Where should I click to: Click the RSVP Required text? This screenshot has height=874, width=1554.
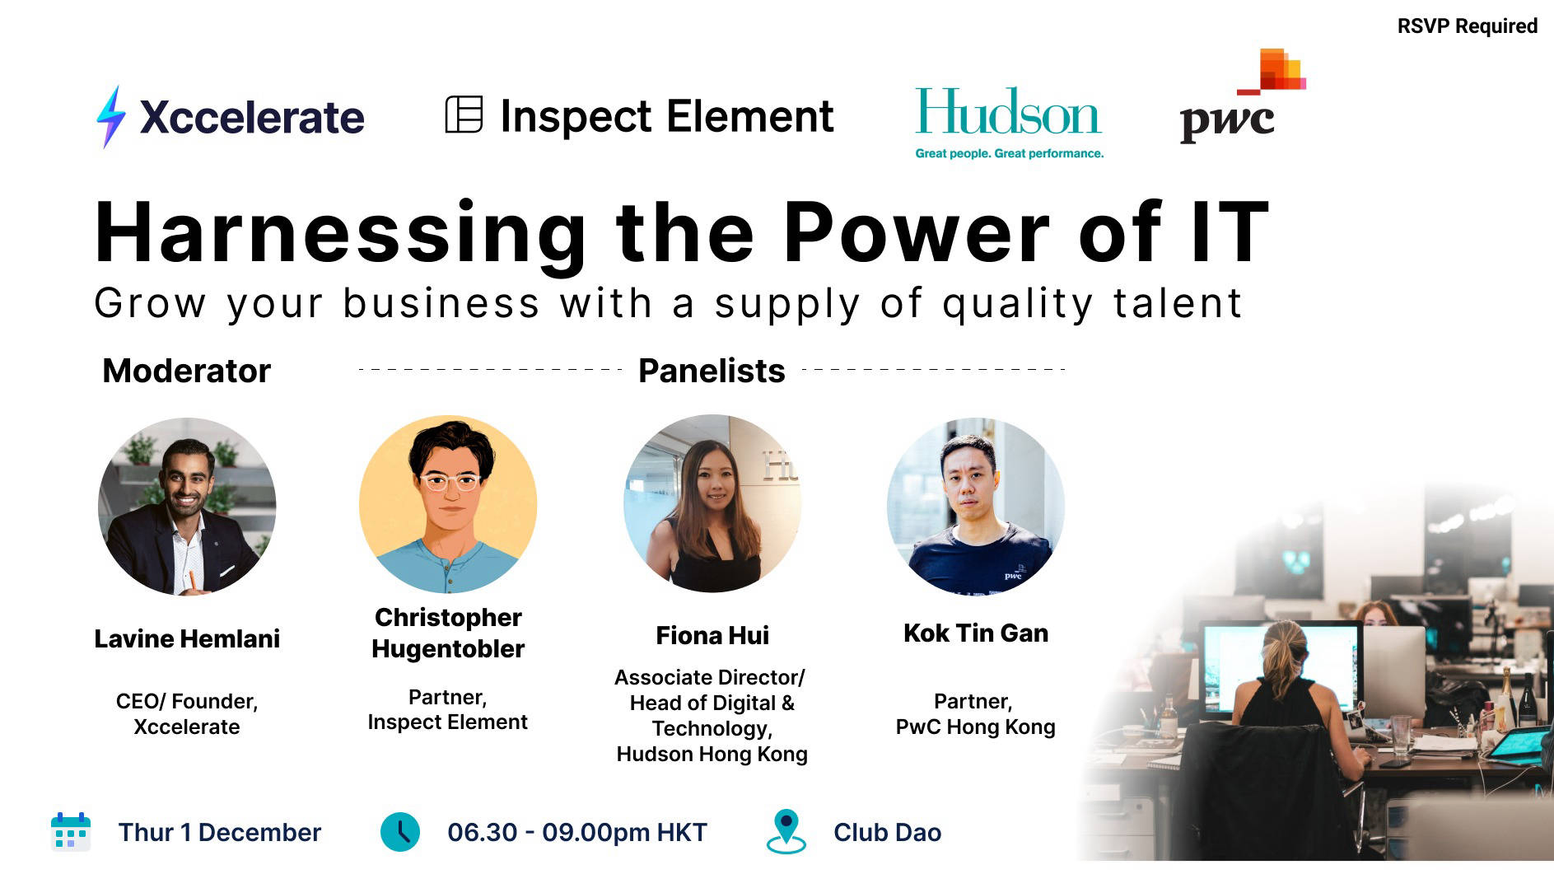tap(1467, 26)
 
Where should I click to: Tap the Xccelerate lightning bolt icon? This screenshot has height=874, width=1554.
tap(111, 117)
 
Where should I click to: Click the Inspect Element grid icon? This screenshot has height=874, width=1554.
tap(464, 115)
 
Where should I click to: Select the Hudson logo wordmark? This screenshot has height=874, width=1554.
tap(1008, 114)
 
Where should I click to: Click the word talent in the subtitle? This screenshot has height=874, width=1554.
tap(1177, 303)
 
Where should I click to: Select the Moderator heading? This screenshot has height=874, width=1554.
tap(186, 371)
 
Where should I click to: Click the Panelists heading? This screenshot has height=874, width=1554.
tap(712, 371)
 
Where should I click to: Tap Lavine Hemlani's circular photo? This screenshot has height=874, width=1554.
tap(187, 506)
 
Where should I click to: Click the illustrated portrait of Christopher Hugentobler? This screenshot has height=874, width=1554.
tap(448, 504)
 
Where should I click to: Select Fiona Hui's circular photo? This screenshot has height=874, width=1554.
tap(712, 503)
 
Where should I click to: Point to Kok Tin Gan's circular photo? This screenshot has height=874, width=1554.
tap(976, 506)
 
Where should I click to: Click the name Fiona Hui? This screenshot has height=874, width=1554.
tap(712, 635)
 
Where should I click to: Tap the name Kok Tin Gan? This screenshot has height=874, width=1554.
tap(976, 633)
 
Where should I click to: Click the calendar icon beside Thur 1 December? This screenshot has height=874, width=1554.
tap(71, 832)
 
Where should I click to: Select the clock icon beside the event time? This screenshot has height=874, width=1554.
tap(400, 832)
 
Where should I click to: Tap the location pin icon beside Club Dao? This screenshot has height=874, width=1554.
tap(786, 830)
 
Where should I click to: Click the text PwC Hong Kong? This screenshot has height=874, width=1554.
tap(975, 727)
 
